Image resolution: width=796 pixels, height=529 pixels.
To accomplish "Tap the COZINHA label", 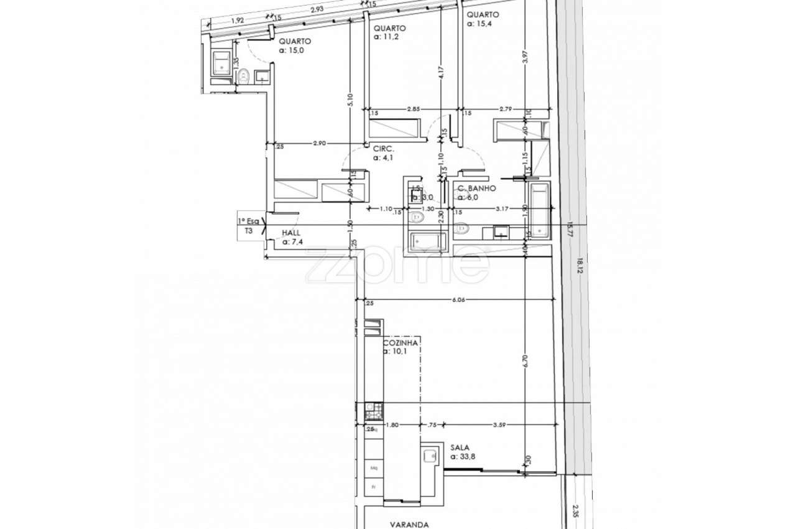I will [400, 342].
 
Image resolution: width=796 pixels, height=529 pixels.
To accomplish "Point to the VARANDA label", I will [409, 525].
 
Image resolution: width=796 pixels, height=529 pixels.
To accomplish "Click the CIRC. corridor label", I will [382, 149].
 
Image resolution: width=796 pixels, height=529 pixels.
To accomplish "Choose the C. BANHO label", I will [476, 188].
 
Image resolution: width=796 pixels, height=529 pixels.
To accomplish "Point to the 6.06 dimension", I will [458, 299].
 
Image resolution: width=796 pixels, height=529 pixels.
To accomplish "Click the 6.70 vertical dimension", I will [525, 363].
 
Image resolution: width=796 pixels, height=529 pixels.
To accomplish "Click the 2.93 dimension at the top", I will [317, 9].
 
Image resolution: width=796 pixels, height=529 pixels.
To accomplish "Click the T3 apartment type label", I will [249, 230].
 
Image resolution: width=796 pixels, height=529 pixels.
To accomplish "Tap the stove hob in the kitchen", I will [374, 410].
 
